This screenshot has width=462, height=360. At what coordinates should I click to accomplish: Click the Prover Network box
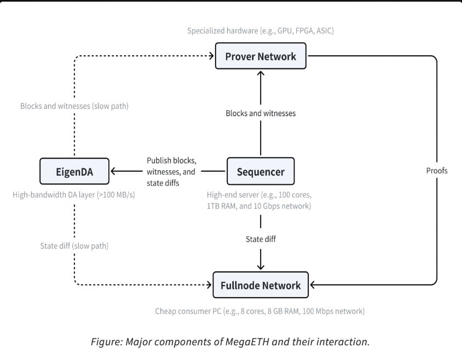point(261,56)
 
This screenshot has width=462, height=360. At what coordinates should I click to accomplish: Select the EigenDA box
point(74,172)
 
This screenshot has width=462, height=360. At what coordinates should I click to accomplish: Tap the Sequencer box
point(261,172)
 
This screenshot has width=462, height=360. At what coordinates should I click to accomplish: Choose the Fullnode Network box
point(261,285)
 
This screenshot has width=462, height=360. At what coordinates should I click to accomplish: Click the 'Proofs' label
point(437,171)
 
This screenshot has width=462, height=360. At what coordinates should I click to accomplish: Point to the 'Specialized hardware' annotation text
point(261,31)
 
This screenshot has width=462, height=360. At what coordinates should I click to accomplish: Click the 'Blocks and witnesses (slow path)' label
point(74,106)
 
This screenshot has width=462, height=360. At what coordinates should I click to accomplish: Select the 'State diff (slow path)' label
point(74,246)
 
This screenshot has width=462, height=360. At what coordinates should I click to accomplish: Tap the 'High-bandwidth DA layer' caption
point(74,195)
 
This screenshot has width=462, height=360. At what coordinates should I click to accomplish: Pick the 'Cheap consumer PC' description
point(261,311)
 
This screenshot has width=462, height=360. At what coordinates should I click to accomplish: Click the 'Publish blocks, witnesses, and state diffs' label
point(171,172)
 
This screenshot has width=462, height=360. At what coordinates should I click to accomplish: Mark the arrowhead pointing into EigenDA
point(114,172)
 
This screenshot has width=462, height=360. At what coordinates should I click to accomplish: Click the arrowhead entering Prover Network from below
point(261,73)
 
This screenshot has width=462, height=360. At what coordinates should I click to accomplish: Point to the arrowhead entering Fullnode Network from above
point(261,267)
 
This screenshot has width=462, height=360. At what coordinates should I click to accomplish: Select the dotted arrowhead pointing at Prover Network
point(211,56)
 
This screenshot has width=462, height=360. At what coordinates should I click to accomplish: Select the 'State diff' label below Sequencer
point(261,239)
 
